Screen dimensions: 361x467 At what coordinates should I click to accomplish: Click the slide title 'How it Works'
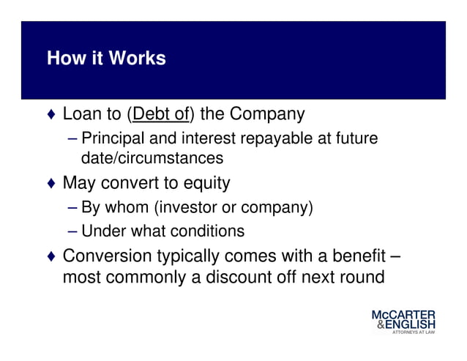[106, 59]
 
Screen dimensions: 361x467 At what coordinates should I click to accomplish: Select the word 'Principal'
[110, 138]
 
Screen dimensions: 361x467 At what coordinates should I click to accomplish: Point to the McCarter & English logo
[403, 320]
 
